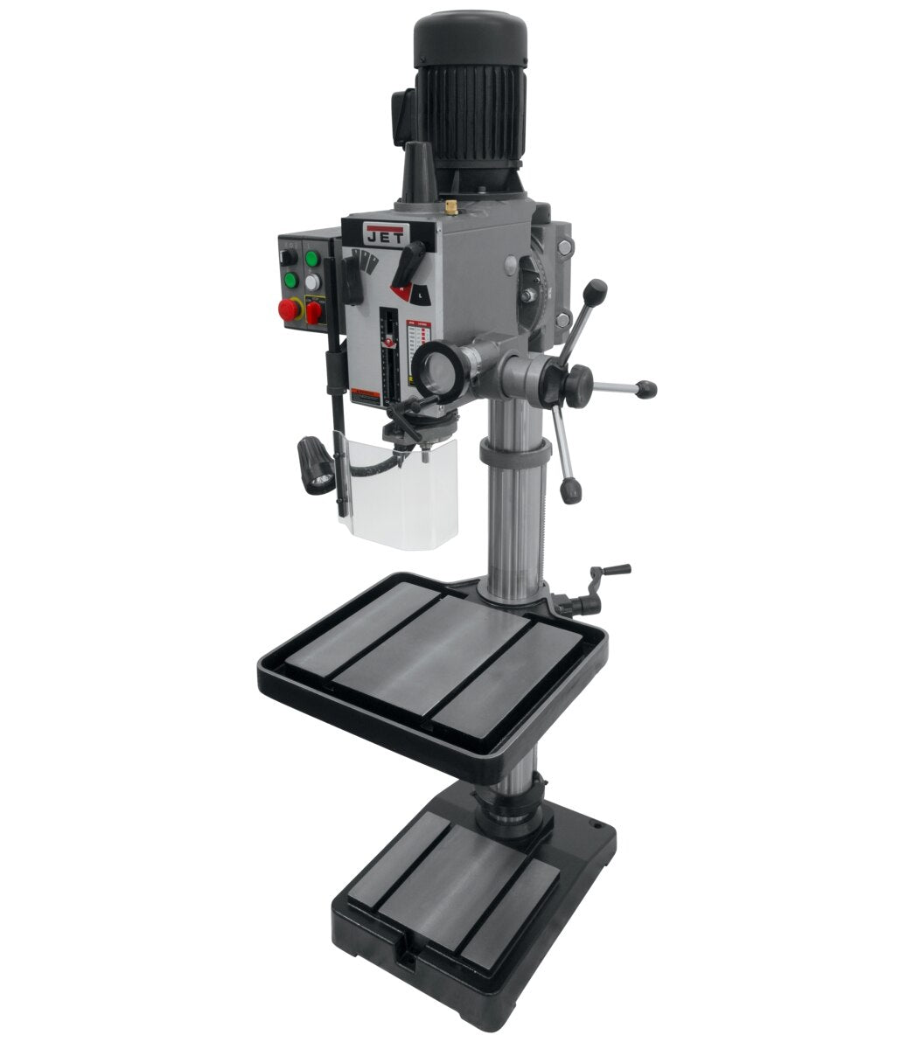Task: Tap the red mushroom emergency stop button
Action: click(x=288, y=310)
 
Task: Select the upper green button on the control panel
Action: click(x=310, y=259)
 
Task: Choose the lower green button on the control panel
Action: click(x=289, y=280)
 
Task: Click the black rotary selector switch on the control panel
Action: click(x=286, y=258)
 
